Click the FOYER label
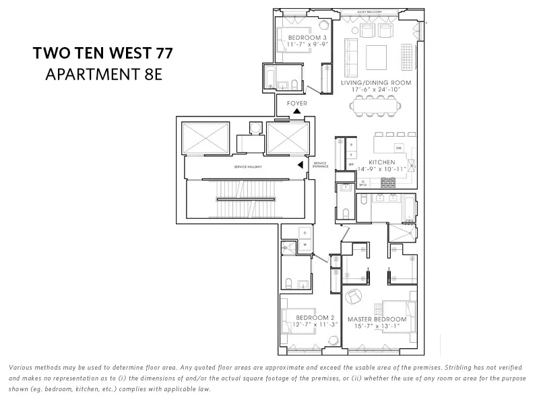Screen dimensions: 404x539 click(x=297, y=104)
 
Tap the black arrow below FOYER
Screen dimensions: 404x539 click(x=297, y=111)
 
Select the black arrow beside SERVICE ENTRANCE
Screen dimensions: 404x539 click(x=301, y=164)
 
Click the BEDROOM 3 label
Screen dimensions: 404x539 click(x=307, y=37)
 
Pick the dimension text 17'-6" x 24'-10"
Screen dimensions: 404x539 click(x=376, y=90)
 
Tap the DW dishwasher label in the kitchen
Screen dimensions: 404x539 click(x=399, y=148)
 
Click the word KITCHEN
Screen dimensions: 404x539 click(x=381, y=162)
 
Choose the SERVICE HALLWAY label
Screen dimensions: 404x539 click(x=249, y=166)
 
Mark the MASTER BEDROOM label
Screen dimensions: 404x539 click(x=377, y=318)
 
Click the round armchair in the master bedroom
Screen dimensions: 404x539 click(x=354, y=296)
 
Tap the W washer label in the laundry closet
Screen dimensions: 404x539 click(x=305, y=244)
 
